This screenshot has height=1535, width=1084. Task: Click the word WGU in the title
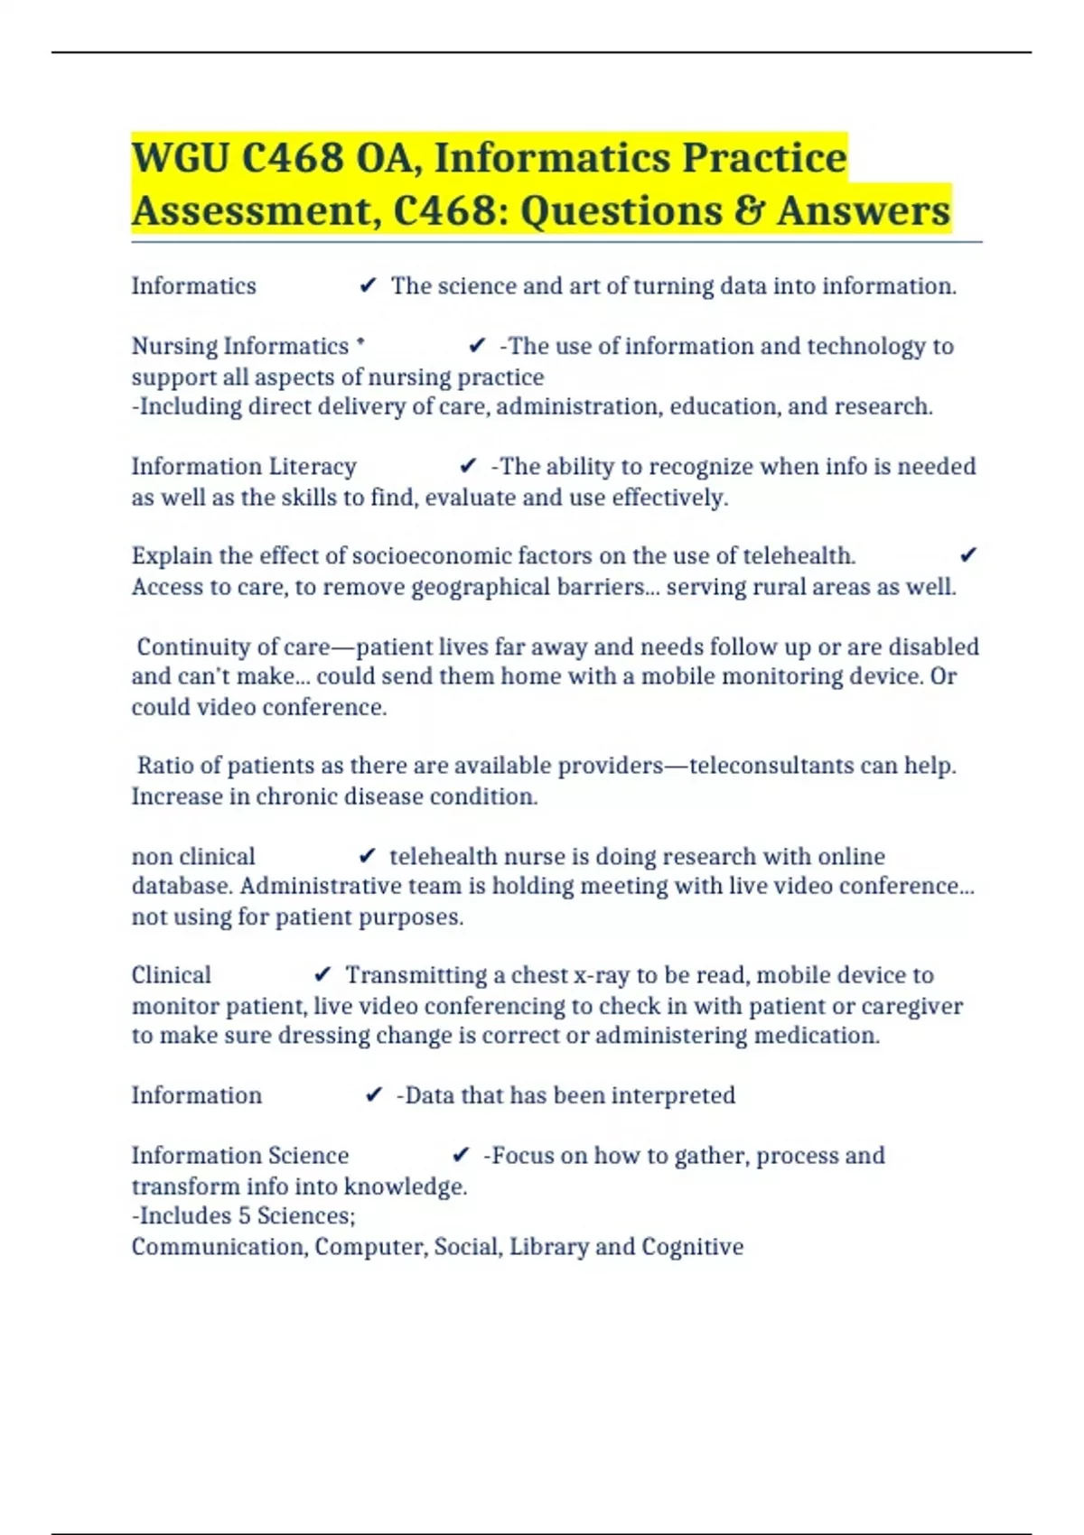(x=180, y=158)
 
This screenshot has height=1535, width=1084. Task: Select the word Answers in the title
(x=864, y=211)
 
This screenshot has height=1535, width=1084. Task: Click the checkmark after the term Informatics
(x=368, y=286)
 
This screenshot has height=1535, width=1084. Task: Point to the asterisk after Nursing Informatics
(x=361, y=342)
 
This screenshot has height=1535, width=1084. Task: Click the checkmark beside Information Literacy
(x=468, y=466)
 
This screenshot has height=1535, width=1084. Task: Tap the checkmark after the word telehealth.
(x=968, y=555)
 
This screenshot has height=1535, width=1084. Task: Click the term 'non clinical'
(x=193, y=856)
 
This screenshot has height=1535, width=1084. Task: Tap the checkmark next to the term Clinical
(x=322, y=975)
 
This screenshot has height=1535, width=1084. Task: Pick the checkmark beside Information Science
(x=461, y=1155)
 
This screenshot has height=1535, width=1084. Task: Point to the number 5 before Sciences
(x=244, y=1215)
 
